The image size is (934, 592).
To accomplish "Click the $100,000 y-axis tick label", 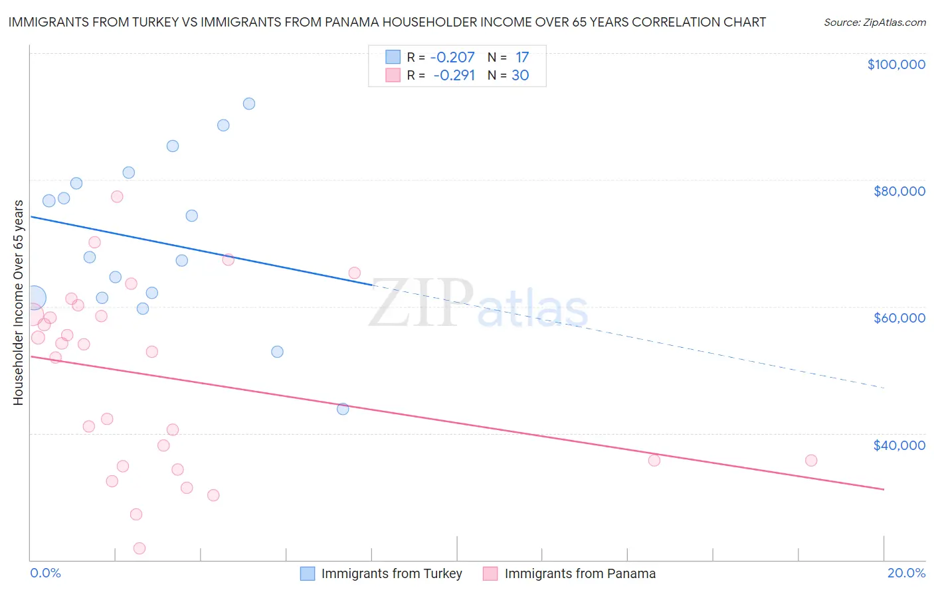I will [896, 64].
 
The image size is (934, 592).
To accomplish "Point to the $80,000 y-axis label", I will [899, 191].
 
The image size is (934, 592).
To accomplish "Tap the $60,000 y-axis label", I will [899, 318].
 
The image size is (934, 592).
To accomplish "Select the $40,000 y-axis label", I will [899, 445].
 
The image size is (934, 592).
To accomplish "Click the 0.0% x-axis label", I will [45, 573].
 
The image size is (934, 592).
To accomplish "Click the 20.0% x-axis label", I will [906, 573].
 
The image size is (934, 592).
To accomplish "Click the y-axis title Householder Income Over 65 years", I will [18, 302].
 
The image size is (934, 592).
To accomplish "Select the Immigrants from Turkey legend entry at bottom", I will [391, 573].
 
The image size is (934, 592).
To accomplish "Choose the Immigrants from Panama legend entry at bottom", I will [579, 573].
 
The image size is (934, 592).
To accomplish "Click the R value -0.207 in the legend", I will [452, 57].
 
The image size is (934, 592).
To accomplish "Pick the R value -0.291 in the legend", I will [454, 75].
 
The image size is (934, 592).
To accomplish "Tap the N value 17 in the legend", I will [522, 57].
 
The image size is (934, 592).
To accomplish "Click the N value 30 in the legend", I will [520, 75].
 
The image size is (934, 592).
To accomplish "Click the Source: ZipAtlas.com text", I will [874, 22].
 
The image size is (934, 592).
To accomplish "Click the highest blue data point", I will [249, 104].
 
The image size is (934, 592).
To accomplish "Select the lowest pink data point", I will [140, 548].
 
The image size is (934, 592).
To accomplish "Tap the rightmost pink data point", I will [811, 461].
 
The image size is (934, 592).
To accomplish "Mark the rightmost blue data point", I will [343, 409].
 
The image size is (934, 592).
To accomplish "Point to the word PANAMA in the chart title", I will [352, 22].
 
